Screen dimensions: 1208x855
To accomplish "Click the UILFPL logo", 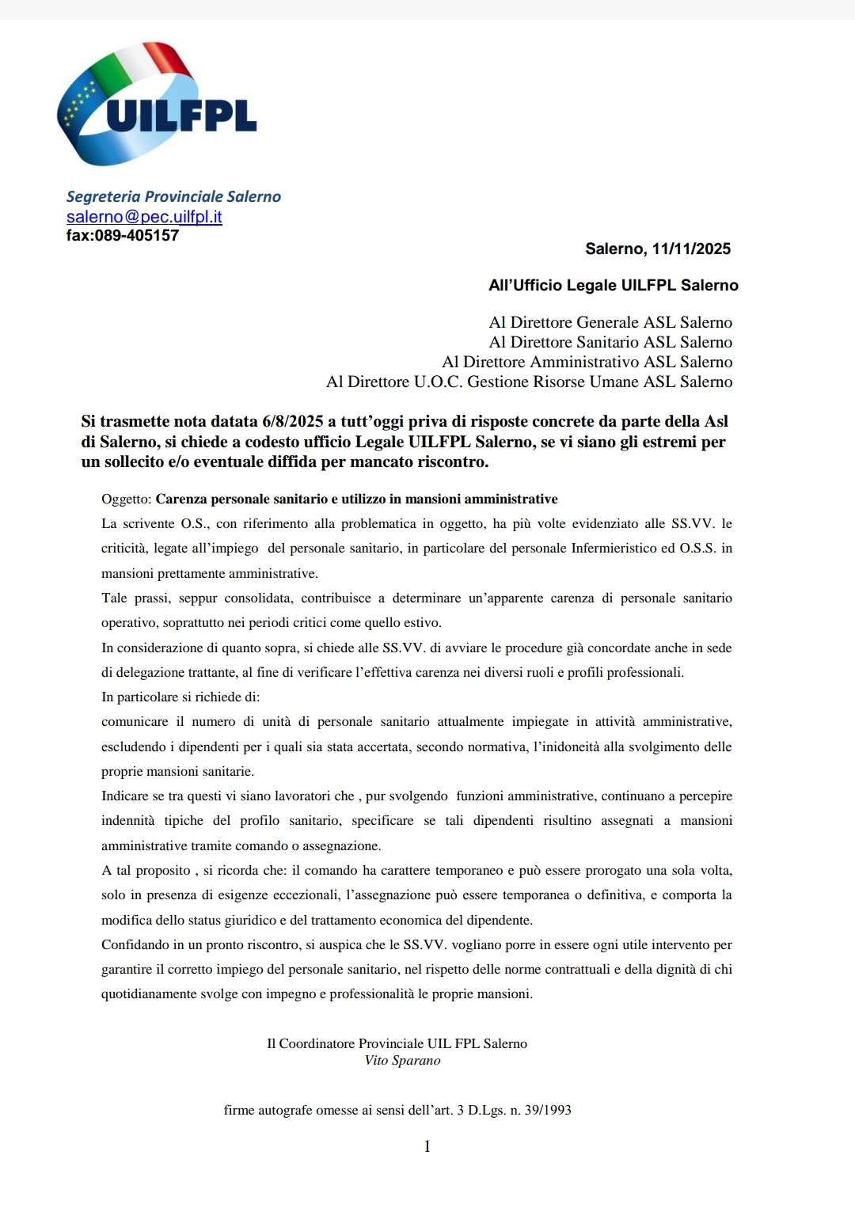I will coord(157,104).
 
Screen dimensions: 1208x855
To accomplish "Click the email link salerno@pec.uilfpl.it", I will coord(144,217).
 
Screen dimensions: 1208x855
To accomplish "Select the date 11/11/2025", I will coord(691,249).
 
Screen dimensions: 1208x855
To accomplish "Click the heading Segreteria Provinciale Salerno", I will coord(173,196).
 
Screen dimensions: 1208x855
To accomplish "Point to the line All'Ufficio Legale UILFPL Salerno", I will coord(613,286).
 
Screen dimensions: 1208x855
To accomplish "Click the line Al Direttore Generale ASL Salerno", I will coord(610,322).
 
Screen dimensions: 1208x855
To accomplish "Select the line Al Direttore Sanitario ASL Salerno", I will coord(610,342).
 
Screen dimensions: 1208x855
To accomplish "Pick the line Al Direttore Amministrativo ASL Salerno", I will coord(587,362).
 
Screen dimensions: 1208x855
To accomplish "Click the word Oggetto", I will coord(125,500).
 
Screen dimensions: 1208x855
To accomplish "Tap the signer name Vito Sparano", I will coord(402,1061).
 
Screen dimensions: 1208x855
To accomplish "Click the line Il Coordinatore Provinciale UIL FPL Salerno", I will coord(397,1043).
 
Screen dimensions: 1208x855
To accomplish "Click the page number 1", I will coord(427,1146).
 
